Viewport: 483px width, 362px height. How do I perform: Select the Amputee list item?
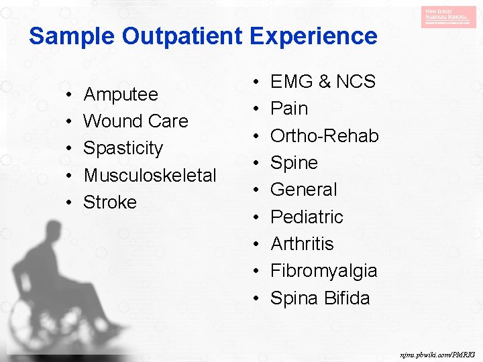(121, 95)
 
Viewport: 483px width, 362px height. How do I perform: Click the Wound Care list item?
(136, 121)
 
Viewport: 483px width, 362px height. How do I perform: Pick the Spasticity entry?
(123, 148)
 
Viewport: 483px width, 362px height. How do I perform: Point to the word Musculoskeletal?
(150, 176)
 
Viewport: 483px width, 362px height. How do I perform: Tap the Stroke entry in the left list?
(110, 202)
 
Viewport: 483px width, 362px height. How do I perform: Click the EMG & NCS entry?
(323, 82)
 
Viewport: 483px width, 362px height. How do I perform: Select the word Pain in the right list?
(289, 109)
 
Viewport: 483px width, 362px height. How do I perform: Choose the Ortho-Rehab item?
(324, 135)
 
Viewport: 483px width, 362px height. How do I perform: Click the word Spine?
(294, 163)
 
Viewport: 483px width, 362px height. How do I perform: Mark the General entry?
(304, 190)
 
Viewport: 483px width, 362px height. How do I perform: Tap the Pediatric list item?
(307, 217)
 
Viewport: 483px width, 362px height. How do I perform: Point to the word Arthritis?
(302, 244)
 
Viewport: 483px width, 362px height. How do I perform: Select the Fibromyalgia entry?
(323, 271)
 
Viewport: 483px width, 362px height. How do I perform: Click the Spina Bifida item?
(320, 298)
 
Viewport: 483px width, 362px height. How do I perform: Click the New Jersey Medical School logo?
(449, 17)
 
